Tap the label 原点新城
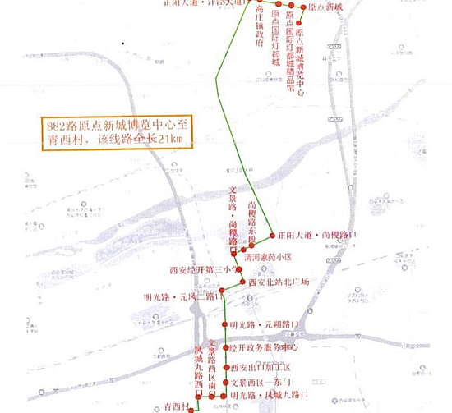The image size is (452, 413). point(337,7)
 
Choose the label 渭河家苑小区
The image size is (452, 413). point(282,256)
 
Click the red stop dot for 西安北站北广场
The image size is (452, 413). point(242,283)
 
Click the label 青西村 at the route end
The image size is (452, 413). point(177,406)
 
